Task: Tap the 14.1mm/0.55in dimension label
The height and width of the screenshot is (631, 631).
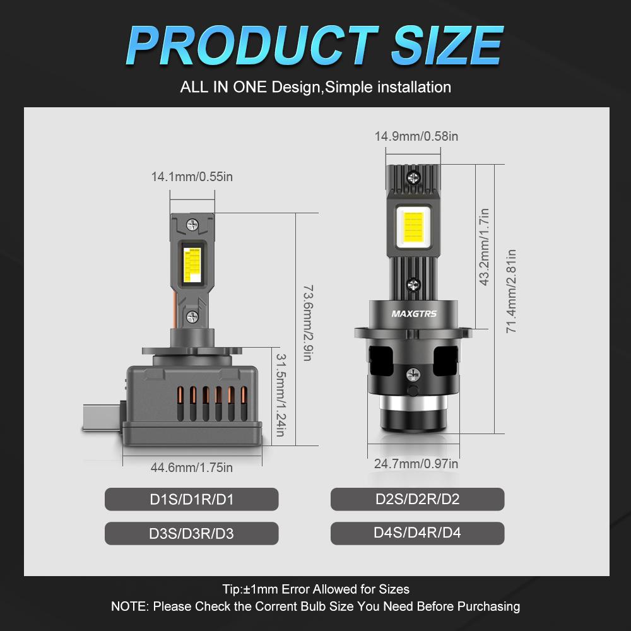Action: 192,177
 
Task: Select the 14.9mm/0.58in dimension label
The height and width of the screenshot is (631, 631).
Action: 416,136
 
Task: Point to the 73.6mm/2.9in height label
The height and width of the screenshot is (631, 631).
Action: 309,322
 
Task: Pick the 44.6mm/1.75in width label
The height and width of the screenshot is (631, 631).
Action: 192,468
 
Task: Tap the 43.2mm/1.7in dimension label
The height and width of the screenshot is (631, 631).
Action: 485,247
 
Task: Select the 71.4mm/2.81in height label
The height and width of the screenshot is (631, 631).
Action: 512,291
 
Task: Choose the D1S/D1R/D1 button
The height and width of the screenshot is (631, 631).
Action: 191,500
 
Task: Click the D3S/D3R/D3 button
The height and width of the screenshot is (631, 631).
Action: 191,533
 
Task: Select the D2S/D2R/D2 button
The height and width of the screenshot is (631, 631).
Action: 417,499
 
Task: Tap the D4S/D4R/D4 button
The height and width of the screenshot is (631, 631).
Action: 417,533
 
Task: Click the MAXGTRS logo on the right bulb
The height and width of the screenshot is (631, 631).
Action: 413,314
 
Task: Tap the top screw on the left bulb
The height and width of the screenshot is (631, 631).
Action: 192,223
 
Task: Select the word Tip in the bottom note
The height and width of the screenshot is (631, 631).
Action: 232,589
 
